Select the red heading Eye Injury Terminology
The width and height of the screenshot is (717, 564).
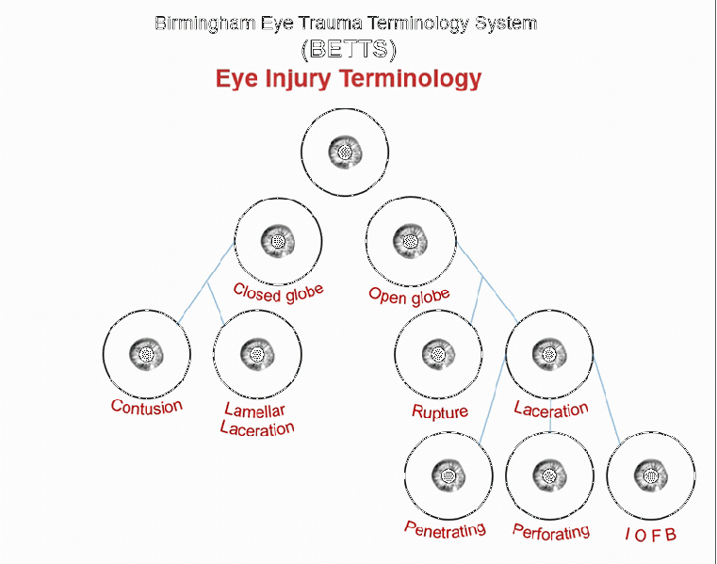[x=349, y=78]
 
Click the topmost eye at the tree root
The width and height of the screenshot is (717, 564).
[x=345, y=152]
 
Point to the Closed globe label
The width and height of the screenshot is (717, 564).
[x=278, y=291]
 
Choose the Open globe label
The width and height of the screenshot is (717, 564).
[x=409, y=295]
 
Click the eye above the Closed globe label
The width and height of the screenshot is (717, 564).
[x=278, y=241]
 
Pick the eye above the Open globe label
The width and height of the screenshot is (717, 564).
[x=410, y=241]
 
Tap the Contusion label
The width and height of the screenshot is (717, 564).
[x=146, y=406]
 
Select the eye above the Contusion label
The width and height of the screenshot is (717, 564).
[x=146, y=355]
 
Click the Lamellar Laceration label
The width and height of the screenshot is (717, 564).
[x=257, y=420]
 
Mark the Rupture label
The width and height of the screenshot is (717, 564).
[x=439, y=411]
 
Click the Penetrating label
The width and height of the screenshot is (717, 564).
[x=445, y=528]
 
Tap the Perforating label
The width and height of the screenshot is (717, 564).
[x=550, y=531]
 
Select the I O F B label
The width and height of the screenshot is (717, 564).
[x=650, y=535]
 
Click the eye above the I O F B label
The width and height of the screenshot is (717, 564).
[x=650, y=476]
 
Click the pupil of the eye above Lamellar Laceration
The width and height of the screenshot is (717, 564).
[x=256, y=356]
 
